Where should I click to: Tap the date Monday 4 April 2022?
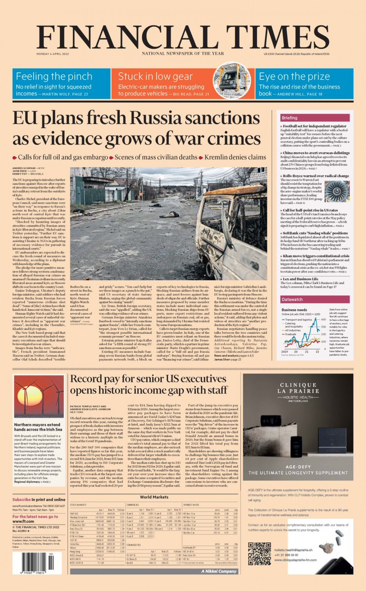[x=53, y=54]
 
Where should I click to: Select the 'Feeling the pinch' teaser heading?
[x=54, y=76]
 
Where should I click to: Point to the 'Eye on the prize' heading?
[x=294, y=76]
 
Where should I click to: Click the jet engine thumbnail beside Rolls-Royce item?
[x=337, y=191]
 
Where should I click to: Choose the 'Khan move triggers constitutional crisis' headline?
[x=316, y=256]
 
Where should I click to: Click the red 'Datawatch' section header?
[x=292, y=299]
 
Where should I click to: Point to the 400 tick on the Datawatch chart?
[x=323, y=319]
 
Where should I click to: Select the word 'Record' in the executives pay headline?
[x=86, y=379]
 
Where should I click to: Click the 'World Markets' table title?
[x=154, y=497]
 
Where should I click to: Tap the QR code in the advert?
[x=259, y=553]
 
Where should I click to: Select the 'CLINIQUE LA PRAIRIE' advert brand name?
[x=298, y=388]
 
